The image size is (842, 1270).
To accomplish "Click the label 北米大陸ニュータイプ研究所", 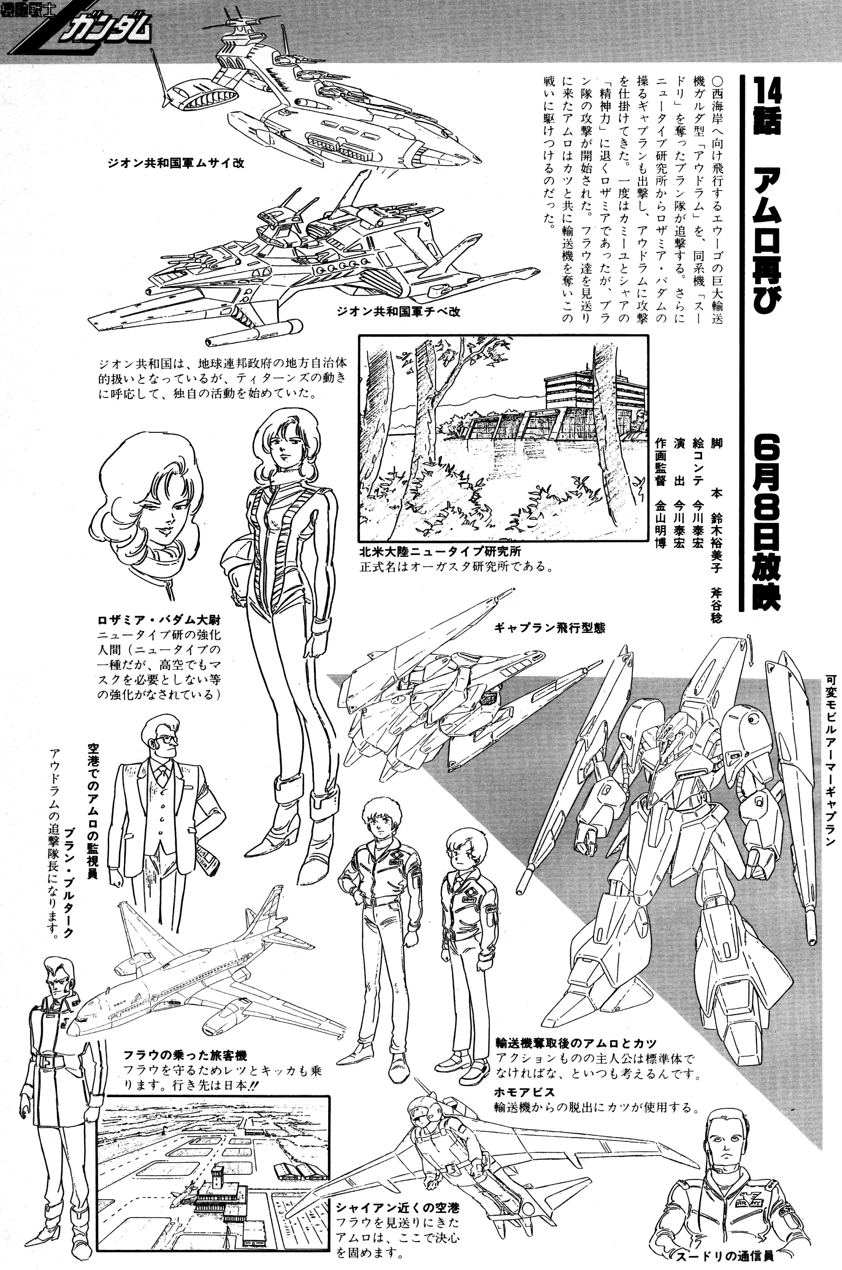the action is pyautogui.click(x=440, y=551).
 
